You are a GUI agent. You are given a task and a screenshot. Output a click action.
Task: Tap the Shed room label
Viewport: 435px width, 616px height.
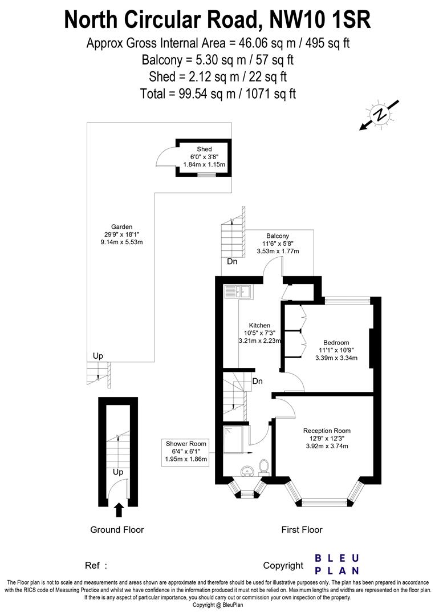click(x=204, y=149)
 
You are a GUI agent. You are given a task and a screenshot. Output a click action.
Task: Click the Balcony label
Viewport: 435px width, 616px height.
click(x=278, y=236)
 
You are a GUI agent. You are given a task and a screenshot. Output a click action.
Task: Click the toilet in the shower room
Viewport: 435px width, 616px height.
click(x=263, y=467)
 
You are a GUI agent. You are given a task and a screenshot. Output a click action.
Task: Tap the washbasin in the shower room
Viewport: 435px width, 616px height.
click(x=247, y=471)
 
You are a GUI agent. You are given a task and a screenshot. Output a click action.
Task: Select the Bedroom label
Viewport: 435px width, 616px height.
click(x=336, y=342)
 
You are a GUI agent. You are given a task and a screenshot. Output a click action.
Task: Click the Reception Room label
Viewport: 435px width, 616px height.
click(x=327, y=431)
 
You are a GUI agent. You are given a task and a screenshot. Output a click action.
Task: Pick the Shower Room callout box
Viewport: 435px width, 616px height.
click(x=186, y=451)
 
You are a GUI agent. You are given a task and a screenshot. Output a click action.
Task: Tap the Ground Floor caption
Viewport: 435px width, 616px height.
click(x=117, y=530)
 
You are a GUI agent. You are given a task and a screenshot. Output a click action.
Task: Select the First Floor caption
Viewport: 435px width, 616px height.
click(x=302, y=530)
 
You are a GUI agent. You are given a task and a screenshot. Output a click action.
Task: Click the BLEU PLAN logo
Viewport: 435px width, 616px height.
click(x=337, y=564)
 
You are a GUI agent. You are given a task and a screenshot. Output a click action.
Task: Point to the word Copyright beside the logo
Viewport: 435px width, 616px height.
click(x=283, y=565)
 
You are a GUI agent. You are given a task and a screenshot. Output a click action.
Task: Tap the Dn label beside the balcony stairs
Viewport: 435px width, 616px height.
click(x=232, y=262)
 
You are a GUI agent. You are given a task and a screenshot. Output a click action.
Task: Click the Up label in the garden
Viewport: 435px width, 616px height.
click(x=98, y=356)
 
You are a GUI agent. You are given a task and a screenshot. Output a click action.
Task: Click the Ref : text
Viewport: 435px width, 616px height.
click(x=96, y=565)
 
